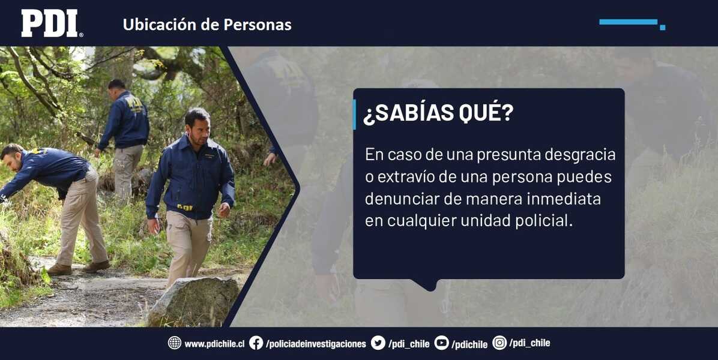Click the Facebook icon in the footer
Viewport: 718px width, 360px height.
256,343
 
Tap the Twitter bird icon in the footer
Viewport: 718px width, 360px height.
378,343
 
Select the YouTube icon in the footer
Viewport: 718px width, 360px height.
441,343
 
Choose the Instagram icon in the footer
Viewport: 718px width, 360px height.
499,343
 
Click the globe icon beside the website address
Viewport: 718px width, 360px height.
175,343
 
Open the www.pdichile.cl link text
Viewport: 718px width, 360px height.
214,344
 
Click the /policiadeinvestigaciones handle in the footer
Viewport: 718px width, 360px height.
316,344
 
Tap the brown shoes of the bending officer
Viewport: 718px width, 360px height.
78,268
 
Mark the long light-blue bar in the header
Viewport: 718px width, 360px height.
628,22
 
